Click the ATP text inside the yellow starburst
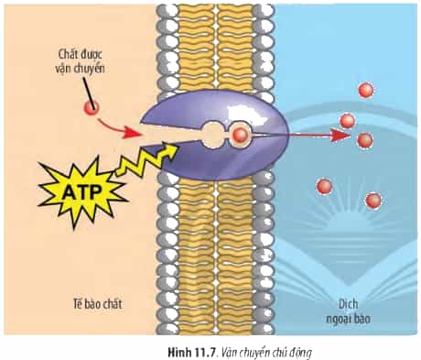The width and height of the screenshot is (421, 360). click(x=82, y=192)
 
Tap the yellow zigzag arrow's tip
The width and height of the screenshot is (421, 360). click(x=178, y=146)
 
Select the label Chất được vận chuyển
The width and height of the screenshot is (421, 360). click(x=80, y=61)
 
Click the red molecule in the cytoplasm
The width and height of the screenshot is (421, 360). click(x=92, y=108)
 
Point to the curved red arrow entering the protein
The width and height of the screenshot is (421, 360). click(x=115, y=129)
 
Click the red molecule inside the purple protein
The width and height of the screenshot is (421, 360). click(x=240, y=135)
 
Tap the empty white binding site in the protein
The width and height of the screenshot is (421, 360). click(x=212, y=135)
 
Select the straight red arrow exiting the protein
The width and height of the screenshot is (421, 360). click(x=318, y=135)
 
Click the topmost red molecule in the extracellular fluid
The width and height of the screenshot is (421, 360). click(x=365, y=91)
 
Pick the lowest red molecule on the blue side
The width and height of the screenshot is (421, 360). click(x=373, y=201)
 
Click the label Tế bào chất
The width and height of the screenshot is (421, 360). click(x=97, y=304)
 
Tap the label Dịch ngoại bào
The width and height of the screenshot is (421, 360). click(x=348, y=311)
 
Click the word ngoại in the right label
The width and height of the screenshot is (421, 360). click(x=339, y=319)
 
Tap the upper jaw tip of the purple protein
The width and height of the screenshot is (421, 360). click(x=141, y=124)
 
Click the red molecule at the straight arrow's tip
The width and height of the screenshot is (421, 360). click(x=365, y=140)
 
